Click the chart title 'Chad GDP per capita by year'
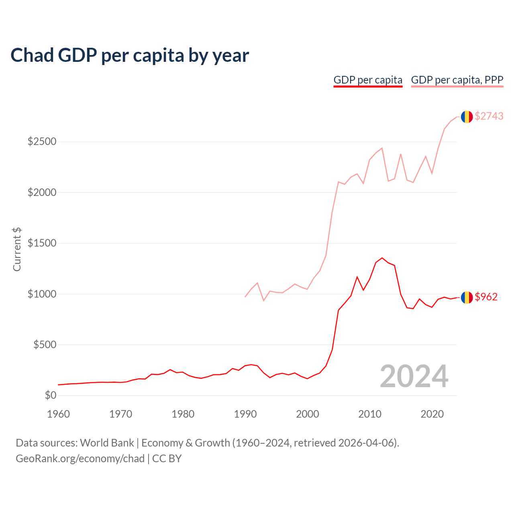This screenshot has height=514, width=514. [130, 55]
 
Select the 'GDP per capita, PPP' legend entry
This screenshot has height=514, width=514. [457, 80]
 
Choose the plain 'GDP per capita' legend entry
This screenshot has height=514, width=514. [368, 80]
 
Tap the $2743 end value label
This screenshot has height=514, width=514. [489, 116]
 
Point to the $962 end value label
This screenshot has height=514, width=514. [486, 297]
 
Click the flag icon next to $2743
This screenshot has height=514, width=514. [467, 117]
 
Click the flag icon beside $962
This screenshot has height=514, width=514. [467, 298]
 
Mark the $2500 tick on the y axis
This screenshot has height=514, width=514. [42, 142]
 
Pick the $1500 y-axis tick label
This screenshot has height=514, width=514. [42, 243]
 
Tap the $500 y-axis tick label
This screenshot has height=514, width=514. [44, 345]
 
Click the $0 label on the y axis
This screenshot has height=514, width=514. [50, 396]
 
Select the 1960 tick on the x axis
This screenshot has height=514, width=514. [59, 414]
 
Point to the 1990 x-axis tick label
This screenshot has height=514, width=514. [245, 414]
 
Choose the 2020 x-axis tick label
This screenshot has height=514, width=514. [432, 414]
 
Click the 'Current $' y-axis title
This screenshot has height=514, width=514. [17, 249]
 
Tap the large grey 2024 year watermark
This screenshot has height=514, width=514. [414, 376]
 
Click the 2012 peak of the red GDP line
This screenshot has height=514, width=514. [382, 258]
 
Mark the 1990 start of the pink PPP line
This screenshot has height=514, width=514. [245, 297]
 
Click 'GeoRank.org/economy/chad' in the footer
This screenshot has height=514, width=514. [80, 459]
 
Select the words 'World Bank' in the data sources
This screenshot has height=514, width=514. [107, 443]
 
